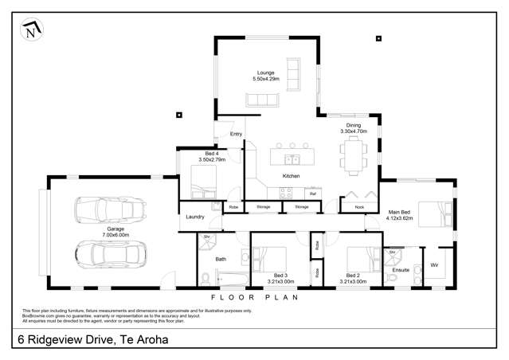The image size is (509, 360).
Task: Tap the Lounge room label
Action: click(264, 72)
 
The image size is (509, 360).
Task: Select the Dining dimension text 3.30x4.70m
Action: click(354, 131)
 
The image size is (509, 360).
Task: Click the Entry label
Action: click(236, 134)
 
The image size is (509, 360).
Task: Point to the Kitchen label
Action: click(291, 175)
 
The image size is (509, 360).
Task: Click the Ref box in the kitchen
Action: click(313, 193)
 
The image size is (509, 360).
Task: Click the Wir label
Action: click(434, 264)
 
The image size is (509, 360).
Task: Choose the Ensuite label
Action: click(401, 270)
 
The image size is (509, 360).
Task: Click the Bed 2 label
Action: click(356, 276)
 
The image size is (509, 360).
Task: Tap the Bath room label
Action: click(221, 259)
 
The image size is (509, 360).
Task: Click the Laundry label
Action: click(195, 217)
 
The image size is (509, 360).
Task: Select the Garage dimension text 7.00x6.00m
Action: click(112, 235)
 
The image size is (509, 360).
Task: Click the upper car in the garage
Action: click(111, 210)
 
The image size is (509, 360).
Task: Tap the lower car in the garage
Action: click(112, 254)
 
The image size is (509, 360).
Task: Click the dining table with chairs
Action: click(353, 154)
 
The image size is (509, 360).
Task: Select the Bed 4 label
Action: click(211, 153)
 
